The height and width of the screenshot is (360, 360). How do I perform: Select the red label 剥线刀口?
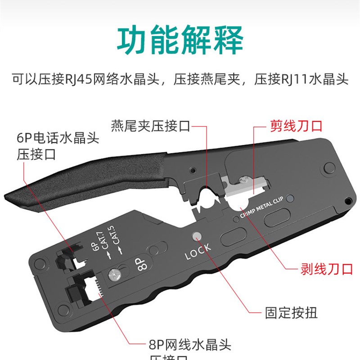point(326,269)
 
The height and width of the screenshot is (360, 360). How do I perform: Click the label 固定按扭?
point(291,312)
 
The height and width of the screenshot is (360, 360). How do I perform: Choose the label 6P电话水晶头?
point(58,138)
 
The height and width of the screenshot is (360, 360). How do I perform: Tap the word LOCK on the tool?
point(198,252)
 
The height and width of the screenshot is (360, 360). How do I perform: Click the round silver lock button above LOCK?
point(196,237)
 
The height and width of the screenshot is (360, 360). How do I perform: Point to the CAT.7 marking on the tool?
point(102,246)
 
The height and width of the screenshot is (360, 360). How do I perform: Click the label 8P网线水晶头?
point(189,346)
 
